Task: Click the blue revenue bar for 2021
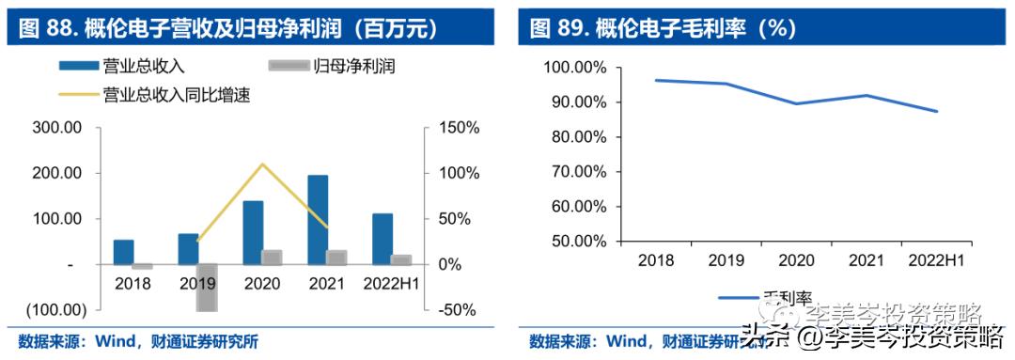[318, 219]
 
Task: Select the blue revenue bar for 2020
[253, 232]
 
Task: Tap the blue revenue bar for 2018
[123, 252]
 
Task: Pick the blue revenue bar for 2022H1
[382, 239]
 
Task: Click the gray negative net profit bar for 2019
[207, 287]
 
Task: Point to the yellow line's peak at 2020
[262, 164]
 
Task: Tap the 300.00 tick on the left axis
[62, 128]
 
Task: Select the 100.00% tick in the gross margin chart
[575, 68]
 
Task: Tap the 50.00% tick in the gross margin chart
[578, 241]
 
